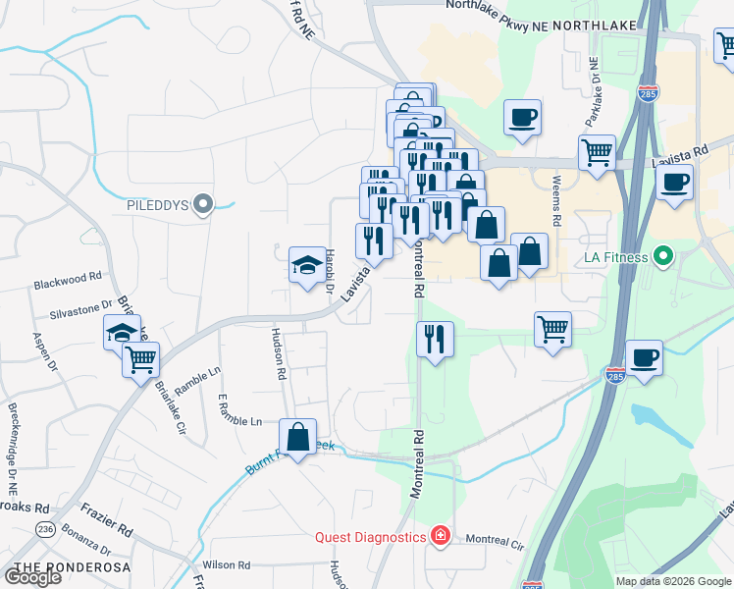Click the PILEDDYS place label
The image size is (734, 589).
point(159,206)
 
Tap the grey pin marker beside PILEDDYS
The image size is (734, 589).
point(203,205)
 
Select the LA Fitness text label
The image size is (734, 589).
point(616,258)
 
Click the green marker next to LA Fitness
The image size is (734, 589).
point(663,257)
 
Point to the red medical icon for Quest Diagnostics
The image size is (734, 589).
point(441,537)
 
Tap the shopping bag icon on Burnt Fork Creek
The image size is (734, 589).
point(297,437)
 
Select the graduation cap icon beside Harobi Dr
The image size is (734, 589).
point(307,263)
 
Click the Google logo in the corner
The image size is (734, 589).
point(32,577)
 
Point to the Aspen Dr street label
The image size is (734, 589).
point(41,346)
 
